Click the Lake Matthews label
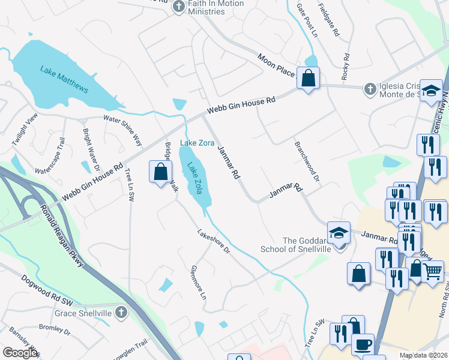(x=64, y=79)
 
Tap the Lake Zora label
(x=197, y=143)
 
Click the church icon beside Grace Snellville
(x=121, y=312)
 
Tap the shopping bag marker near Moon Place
(x=308, y=78)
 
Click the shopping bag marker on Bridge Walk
(x=161, y=172)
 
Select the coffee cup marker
(x=363, y=345)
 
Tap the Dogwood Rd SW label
(x=47, y=289)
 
